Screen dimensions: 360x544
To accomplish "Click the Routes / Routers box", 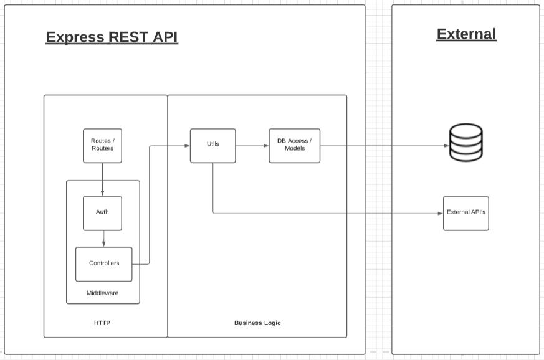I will coord(102,145).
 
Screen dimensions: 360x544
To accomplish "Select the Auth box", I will coord(102,212).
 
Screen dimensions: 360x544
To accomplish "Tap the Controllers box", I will coord(104,263).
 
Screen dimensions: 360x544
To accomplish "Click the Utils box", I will coord(212,145).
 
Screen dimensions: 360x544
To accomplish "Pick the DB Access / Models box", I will coord(294,145).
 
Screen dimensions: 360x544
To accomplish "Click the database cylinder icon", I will coord(466,143).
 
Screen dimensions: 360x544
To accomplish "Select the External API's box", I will coord(465,213).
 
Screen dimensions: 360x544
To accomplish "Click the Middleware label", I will coord(102,293).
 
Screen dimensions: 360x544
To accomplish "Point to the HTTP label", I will coord(102,323).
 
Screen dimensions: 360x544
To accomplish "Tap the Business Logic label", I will coord(257,323).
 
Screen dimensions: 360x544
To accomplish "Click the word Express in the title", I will coord(75,37).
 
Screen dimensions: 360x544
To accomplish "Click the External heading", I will coord(466,34).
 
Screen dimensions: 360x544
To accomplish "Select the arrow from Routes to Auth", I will coord(102,179).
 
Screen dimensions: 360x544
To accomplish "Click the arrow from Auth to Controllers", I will coord(103,239).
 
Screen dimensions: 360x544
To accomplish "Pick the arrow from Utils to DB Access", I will coord(252,146).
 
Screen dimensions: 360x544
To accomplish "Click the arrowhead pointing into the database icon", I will coord(446,146).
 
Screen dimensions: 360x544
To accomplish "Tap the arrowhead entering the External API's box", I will coord(440,214).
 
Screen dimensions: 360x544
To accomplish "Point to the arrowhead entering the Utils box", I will coord(187,146).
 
